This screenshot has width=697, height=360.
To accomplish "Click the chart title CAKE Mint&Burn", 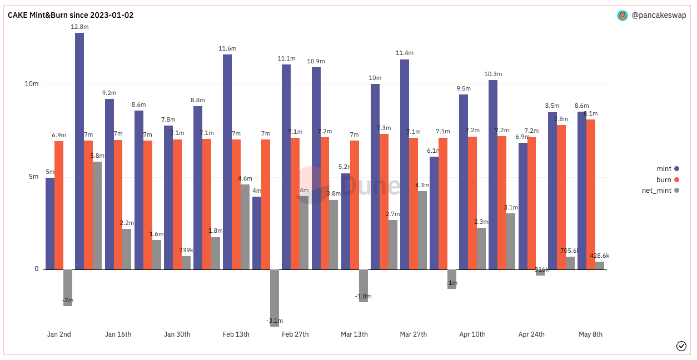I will (71, 15).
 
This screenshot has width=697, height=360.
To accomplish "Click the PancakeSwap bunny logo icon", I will (623, 16).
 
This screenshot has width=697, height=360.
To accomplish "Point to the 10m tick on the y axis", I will (32, 84).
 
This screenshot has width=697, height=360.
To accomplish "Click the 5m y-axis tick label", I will (34, 177).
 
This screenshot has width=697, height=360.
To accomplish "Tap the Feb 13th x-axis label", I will (236, 334).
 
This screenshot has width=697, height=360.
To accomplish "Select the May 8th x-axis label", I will (590, 334).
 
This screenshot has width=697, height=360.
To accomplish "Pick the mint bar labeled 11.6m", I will (227, 162).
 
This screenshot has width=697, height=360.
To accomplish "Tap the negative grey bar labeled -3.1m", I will (275, 298).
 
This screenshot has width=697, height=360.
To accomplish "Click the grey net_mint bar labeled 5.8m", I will (97, 216).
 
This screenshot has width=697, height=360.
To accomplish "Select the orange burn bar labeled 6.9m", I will (59, 206).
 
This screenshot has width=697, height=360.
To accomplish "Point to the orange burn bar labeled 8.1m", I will (591, 194).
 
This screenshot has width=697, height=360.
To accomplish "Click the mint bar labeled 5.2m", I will (346, 221).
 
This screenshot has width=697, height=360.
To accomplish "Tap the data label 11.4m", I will (404, 53).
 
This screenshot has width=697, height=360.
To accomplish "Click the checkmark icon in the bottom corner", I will (681, 346).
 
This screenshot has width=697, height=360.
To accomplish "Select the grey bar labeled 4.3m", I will (422, 230).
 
